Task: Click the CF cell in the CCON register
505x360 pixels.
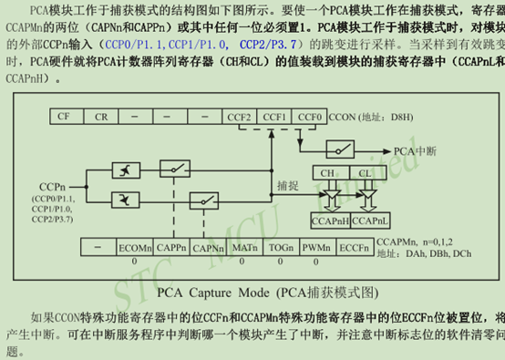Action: point(63,118)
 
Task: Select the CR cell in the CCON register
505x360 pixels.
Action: point(101,118)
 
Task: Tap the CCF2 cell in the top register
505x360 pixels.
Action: point(240,118)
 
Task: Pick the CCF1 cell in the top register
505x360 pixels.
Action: point(274,118)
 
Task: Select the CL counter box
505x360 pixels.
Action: point(364,172)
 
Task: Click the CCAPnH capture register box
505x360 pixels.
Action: point(330,221)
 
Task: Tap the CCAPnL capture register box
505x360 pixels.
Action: point(369,221)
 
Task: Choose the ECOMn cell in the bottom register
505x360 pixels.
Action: point(133,247)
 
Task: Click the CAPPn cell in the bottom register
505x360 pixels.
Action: point(170,247)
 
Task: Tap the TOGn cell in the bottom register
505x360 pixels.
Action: point(281,247)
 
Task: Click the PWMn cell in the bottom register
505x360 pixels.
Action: point(317,247)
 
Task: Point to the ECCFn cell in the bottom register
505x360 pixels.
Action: point(354,247)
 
